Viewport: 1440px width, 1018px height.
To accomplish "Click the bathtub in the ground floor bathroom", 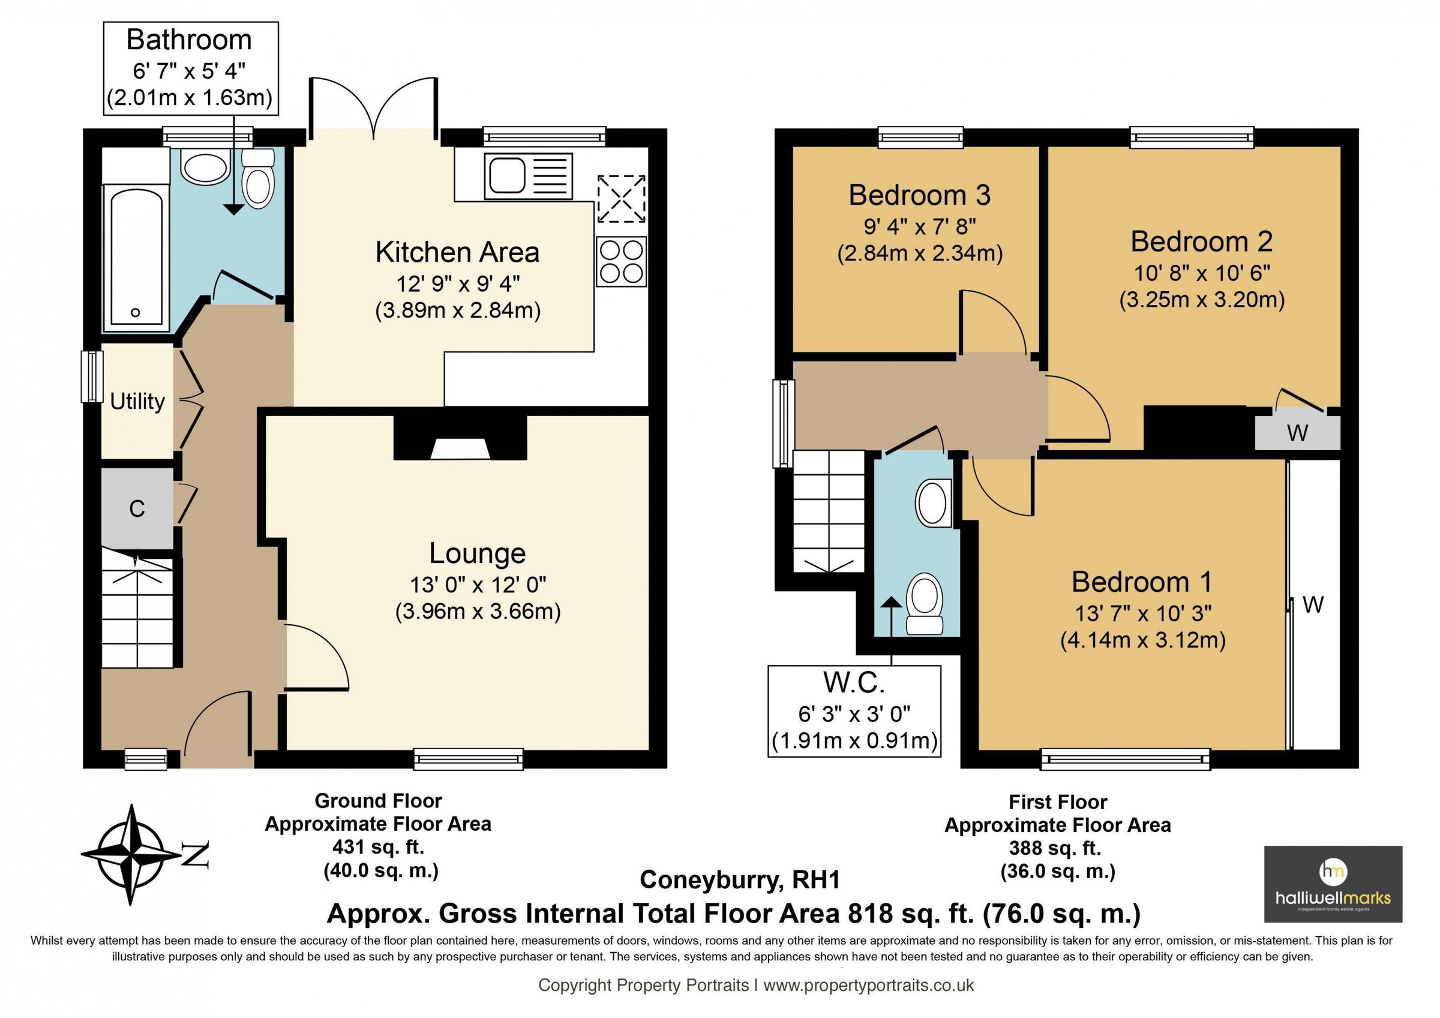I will [136, 257].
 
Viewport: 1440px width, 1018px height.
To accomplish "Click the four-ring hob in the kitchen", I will [621, 262].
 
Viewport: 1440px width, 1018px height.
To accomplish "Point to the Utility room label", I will [137, 402].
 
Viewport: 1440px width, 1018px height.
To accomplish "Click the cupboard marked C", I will [137, 508].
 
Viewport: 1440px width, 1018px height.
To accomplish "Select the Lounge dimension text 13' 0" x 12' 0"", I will [478, 585].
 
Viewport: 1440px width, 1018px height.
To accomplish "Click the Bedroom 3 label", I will [919, 195].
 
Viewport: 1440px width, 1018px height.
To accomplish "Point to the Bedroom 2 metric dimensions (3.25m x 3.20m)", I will [1202, 300].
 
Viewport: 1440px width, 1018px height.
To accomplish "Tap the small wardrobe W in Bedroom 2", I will [1297, 432].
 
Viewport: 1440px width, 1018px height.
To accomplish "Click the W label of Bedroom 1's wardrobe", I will [1313, 604].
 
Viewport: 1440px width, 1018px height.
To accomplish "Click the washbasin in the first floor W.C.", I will [934, 504].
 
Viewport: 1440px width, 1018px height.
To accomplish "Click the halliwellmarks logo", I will [1333, 884].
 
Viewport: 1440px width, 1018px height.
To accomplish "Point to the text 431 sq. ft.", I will [378, 847].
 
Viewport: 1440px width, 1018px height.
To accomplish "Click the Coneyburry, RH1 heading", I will [739, 879].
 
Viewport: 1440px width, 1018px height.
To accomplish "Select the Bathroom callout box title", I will [190, 40].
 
